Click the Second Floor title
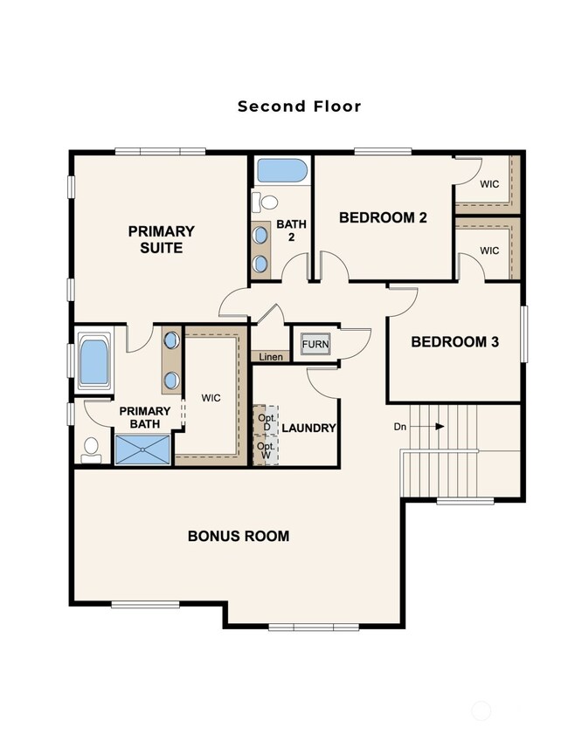pos(299,106)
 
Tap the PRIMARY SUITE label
pos(161,239)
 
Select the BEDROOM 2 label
pos(383,217)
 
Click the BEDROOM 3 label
pos(454,342)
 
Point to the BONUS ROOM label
pos(238,536)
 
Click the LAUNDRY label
pos(308,428)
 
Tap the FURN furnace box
pos(315,345)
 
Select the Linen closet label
pos(269,357)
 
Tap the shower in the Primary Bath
pos(143,450)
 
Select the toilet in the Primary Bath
pos(90,449)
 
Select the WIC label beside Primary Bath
pos(210,398)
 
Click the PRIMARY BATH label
pos(145,418)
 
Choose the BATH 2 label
pos(292,230)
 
